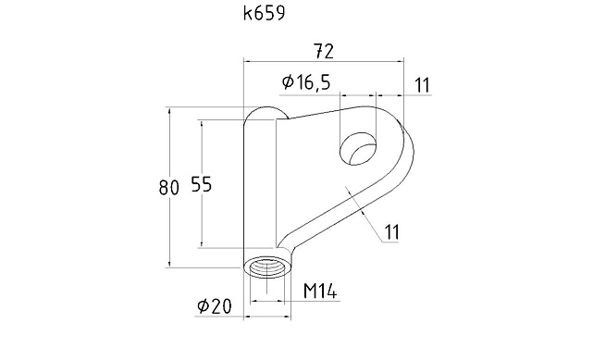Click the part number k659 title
tap(264, 14)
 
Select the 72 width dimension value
tap(325, 52)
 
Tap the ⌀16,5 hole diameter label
tap(307, 82)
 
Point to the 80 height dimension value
tap(168, 188)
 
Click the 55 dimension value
tap(202, 184)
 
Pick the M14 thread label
tap(320, 291)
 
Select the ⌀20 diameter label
tap(214, 306)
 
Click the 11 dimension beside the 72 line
tap(423, 85)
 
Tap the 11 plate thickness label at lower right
tap(392, 231)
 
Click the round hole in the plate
tap(359, 149)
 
